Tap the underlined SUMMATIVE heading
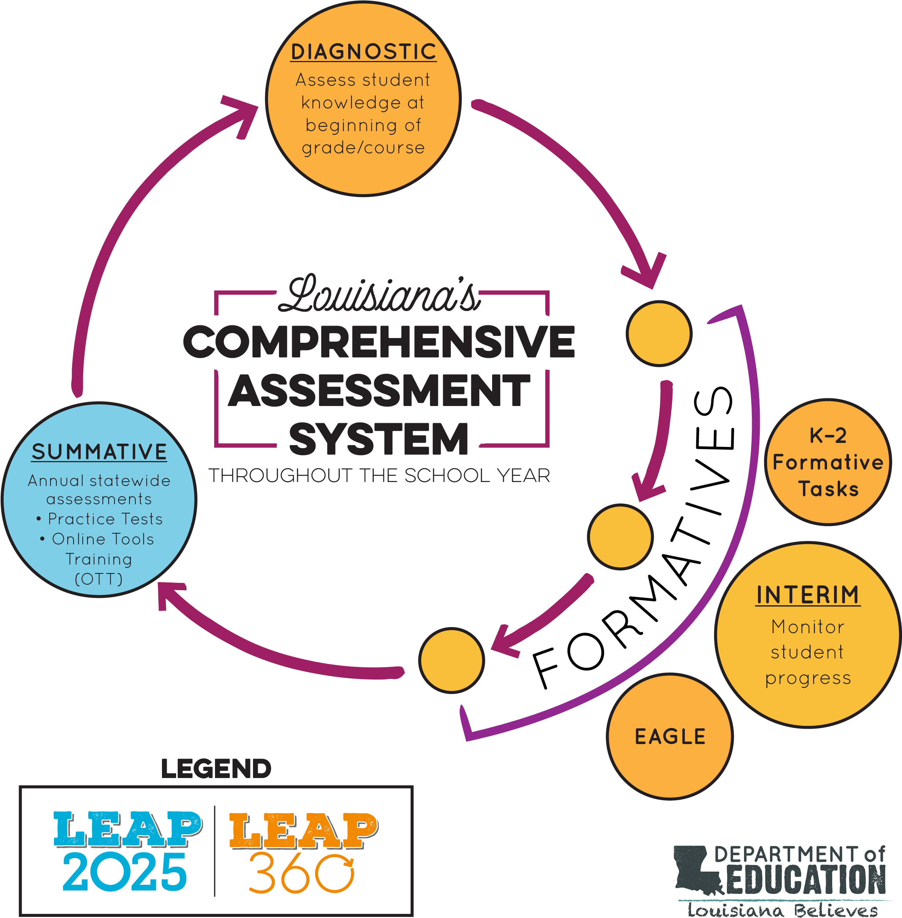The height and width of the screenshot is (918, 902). (x=99, y=452)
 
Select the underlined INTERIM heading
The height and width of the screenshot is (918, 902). (x=808, y=595)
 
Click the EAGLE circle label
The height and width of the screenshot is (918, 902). (x=670, y=737)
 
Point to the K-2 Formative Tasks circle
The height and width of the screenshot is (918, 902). (x=828, y=462)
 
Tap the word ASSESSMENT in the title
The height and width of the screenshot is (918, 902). (x=379, y=390)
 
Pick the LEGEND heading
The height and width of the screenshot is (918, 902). (x=216, y=769)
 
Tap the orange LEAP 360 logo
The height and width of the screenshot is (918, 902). (x=303, y=852)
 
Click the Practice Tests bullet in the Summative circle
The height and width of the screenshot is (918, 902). (x=99, y=519)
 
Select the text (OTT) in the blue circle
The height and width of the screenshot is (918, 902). (x=99, y=579)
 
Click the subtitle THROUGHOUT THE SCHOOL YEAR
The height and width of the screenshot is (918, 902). (x=379, y=475)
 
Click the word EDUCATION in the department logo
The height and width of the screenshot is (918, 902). (x=806, y=880)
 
